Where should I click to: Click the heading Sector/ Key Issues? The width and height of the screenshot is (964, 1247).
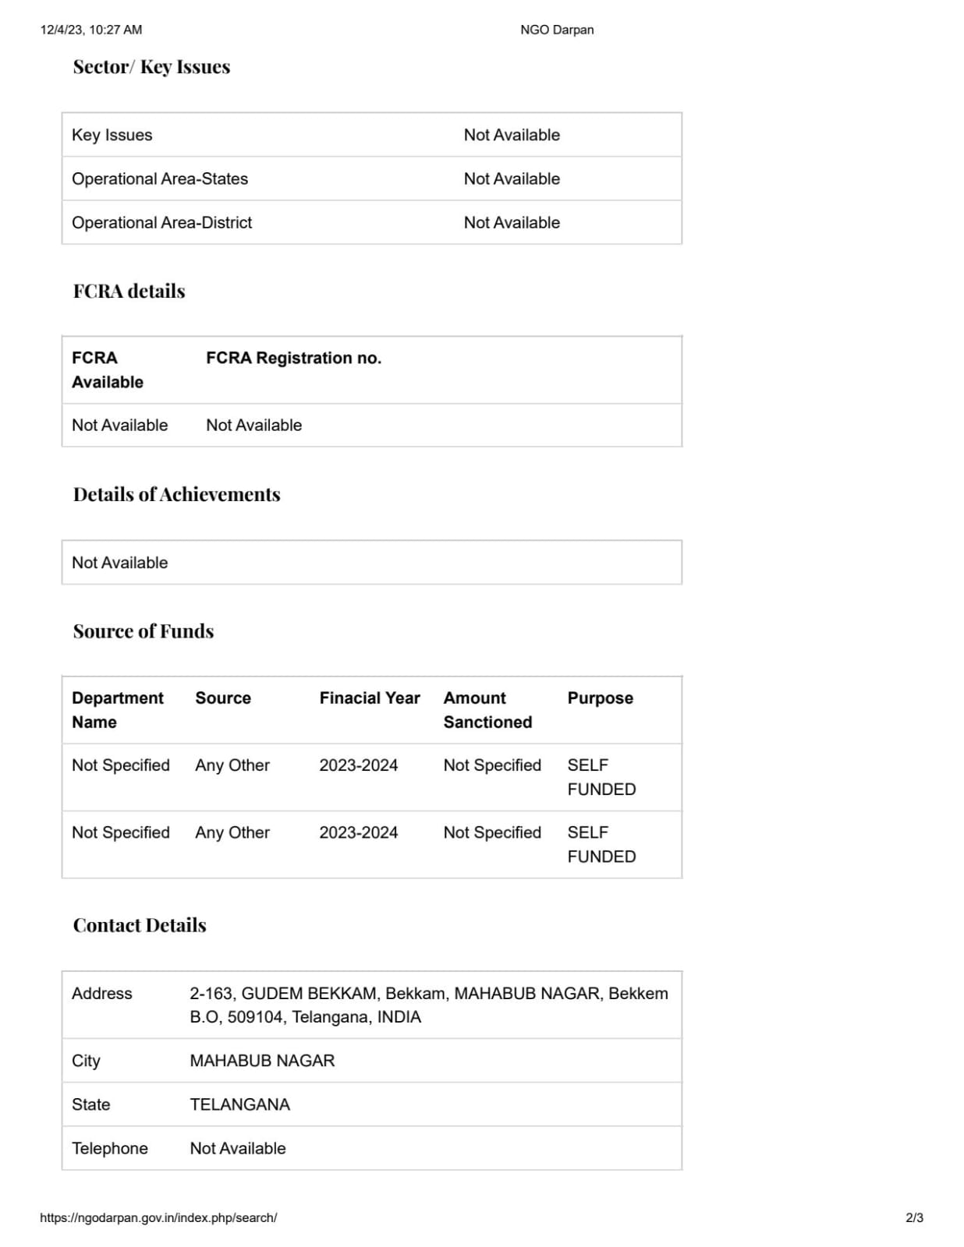tap(151, 67)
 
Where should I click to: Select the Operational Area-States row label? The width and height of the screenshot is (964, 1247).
tap(159, 178)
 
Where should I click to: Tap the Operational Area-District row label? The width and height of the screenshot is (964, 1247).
tap(161, 222)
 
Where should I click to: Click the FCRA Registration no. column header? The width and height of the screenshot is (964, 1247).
tap(293, 358)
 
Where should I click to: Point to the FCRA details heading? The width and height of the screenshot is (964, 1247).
tap(129, 291)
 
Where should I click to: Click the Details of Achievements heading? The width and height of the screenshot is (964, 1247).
tap(176, 494)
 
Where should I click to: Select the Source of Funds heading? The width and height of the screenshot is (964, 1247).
tap(143, 631)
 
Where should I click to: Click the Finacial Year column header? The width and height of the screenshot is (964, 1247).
tap(369, 698)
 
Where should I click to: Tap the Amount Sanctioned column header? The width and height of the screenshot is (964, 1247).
tap(487, 709)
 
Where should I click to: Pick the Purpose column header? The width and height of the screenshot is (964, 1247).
tap(600, 698)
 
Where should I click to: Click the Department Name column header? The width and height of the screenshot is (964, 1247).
tap(117, 709)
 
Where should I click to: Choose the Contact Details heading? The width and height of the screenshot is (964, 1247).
tap(139, 925)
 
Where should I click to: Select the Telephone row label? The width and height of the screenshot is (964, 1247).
tap(109, 1148)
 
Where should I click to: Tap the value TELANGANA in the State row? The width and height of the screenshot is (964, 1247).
tap(239, 1104)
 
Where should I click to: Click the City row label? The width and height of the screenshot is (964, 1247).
tap(86, 1061)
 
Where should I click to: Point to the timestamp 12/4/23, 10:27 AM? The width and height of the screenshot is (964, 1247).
tap(90, 30)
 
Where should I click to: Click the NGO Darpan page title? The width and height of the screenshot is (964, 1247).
tap(557, 30)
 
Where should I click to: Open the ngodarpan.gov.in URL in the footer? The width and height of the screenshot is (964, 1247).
tap(158, 1217)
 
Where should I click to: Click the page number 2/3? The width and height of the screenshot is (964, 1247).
tap(914, 1217)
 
